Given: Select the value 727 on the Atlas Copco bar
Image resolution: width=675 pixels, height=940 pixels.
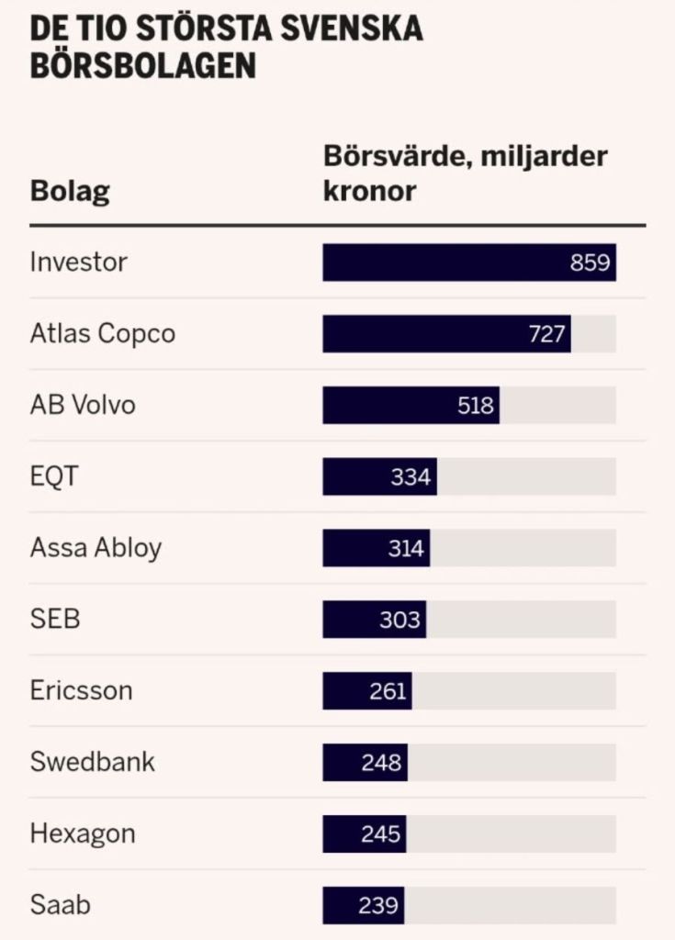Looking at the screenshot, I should (x=547, y=334).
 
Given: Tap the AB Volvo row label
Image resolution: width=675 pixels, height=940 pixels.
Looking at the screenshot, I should (x=83, y=405).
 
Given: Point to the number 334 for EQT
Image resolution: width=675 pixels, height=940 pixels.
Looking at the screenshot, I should (x=411, y=477).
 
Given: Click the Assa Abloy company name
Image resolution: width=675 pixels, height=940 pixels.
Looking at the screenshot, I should (x=96, y=548).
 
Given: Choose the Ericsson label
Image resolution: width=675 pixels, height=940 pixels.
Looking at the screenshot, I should (x=81, y=690).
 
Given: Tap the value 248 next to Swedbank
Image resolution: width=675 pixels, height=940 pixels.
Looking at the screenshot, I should (x=381, y=763).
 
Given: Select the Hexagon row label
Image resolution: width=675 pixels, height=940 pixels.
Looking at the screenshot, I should (x=83, y=834).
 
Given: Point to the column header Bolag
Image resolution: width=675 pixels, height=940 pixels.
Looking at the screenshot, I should (x=70, y=193).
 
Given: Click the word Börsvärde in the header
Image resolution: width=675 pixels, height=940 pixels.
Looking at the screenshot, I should (x=389, y=157).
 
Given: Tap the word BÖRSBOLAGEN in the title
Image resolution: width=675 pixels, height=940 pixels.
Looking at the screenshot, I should (x=142, y=65).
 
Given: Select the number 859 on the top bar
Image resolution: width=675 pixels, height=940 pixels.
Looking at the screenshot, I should (x=590, y=263).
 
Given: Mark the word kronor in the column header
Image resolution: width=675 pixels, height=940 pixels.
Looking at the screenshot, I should (x=370, y=193).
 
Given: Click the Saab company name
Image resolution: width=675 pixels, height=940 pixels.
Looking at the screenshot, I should (x=61, y=905).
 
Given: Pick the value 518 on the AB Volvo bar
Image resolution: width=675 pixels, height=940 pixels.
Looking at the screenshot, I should (x=476, y=406).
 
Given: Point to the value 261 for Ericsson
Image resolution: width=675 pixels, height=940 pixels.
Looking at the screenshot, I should (x=388, y=691).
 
